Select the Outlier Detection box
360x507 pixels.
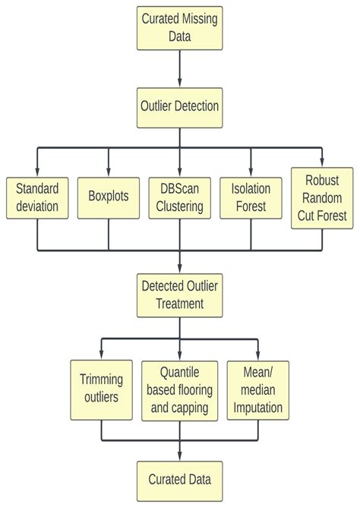click(x=180, y=106)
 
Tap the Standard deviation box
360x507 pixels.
click(x=37, y=197)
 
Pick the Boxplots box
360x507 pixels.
click(x=108, y=197)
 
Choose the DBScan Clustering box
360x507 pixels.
click(x=180, y=197)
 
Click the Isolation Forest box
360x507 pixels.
click(x=251, y=197)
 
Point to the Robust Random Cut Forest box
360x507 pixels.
click(x=322, y=198)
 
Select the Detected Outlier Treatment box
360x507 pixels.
click(x=180, y=294)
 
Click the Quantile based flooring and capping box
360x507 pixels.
click(x=180, y=389)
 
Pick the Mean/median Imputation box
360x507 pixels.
click(x=259, y=389)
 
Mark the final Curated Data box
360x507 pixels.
click(x=180, y=480)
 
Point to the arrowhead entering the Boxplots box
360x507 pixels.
click(x=108, y=172)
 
